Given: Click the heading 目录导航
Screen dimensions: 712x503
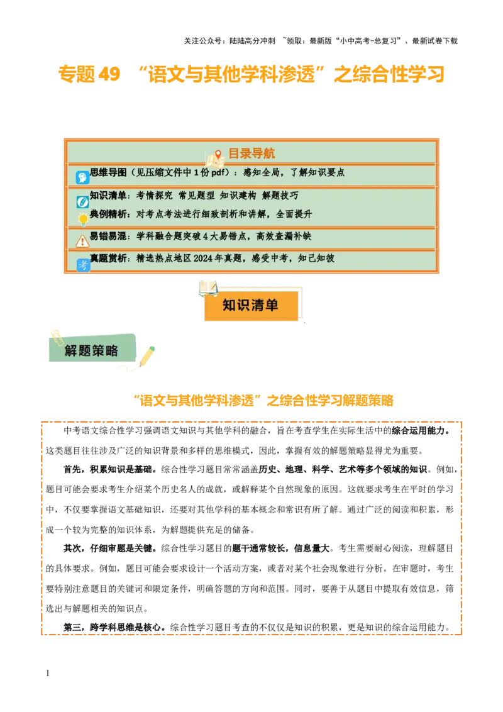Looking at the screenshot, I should [251, 153].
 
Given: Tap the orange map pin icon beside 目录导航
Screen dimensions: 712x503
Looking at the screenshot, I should [218, 155].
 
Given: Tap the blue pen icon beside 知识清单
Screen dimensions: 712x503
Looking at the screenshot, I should [82, 202].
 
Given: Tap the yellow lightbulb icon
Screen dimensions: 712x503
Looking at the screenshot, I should [82, 220].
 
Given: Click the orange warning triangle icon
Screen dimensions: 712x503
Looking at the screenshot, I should [82, 242].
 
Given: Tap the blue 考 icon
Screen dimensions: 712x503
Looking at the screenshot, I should [82, 265].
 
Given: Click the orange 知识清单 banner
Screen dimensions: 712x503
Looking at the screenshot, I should [250, 306].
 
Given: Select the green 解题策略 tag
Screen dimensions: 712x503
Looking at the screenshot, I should [92, 350].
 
